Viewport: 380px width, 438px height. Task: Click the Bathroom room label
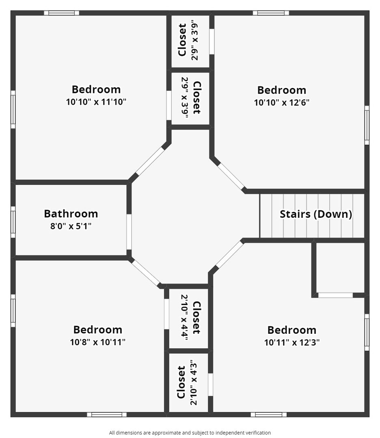(71, 214)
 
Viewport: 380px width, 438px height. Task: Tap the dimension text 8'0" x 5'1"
(71, 226)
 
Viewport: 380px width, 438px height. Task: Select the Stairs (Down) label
(316, 214)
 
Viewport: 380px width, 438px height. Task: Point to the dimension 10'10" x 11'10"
(96, 102)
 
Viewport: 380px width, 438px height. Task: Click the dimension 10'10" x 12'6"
(282, 103)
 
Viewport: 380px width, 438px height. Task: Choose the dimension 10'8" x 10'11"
(97, 342)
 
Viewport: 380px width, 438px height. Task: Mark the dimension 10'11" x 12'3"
(292, 342)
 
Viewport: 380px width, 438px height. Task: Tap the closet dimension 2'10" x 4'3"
(194, 383)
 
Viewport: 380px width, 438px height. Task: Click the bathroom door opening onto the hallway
(129, 232)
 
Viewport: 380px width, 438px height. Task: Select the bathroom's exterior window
(13, 222)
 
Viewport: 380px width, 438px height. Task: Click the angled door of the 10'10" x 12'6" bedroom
(231, 176)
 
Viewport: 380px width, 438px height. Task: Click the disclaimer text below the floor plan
(190, 433)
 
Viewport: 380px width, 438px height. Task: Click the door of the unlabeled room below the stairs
(335, 295)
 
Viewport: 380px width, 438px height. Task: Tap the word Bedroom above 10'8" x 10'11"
(97, 330)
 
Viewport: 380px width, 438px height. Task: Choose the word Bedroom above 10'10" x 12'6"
(282, 90)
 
